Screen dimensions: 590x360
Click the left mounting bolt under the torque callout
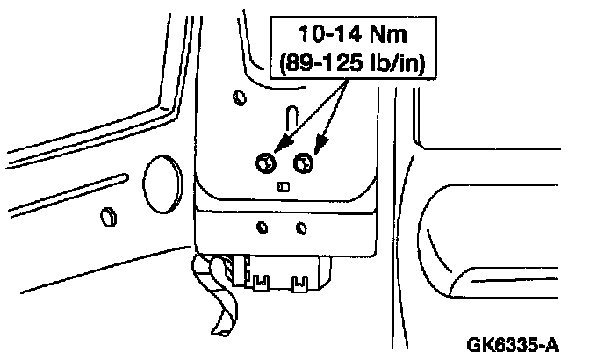click(x=265, y=162)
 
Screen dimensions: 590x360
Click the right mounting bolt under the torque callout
click(x=305, y=162)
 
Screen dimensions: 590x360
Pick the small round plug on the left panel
click(x=107, y=216)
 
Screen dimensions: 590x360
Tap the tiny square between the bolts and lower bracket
click(x=283, y=185)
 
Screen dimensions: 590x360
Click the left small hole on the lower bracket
click(x=262, y=228)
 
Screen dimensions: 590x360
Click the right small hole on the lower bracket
click(x=301, y=228)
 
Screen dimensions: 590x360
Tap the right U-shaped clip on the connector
click(x=299, y=282)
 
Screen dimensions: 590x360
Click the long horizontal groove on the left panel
click(x=79, y=184)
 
